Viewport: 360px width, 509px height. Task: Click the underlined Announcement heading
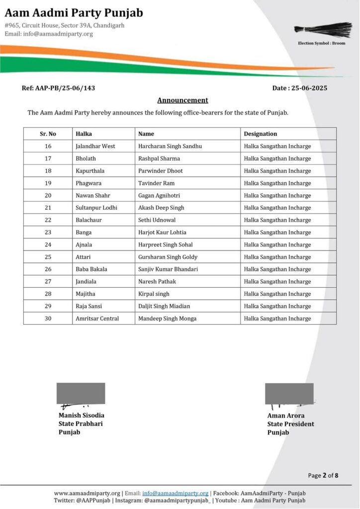coord(182,100)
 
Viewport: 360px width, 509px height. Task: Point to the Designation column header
coord(260,134)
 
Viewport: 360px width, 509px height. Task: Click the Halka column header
coord(84,134)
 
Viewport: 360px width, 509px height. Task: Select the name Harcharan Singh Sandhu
coord(170,146)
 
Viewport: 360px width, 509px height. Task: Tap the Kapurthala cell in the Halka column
coord(90,171)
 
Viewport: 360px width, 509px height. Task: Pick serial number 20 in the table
coord(48,195)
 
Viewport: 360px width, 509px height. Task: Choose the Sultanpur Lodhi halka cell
coord(96,208)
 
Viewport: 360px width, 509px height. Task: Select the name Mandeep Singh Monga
coord(167,318)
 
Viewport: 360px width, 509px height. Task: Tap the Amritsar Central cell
coord(97,318)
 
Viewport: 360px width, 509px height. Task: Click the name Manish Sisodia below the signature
coord(82,415)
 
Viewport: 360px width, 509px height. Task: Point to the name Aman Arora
coord(286,416)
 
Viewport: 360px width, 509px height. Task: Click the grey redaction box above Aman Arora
coord(289,393)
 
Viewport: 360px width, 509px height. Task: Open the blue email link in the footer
coord(175,493)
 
